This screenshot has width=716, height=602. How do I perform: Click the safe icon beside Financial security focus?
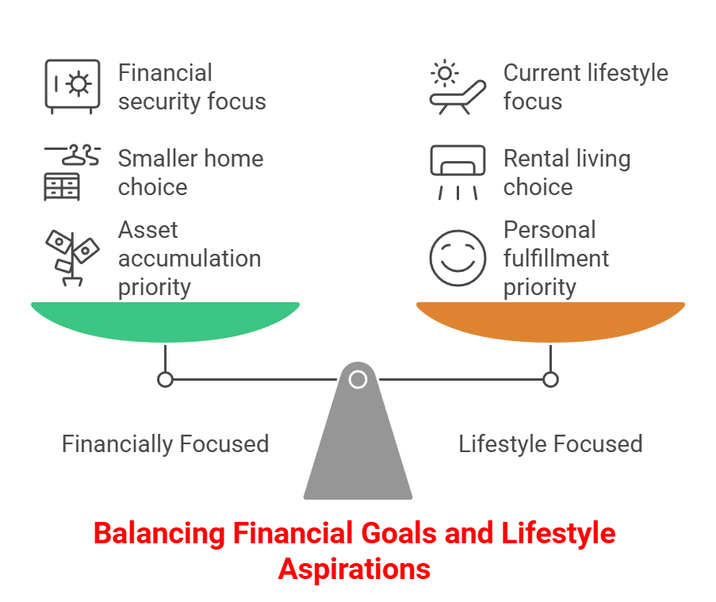(x=72, y=86)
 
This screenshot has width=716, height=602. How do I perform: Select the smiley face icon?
(x=457, y=259)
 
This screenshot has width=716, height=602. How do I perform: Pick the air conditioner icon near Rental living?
(x=457, y=171)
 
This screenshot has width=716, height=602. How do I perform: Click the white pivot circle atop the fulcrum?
(x=358, y=379)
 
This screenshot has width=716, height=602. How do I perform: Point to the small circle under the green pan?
(x=165, y=380)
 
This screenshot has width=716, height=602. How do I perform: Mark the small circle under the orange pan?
(x=550, y=380)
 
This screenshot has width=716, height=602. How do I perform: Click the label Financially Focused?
(x=165, y=443)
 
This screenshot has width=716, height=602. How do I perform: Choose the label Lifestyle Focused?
(x=550, y=443)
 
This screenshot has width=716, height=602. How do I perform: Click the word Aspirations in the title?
(x=354, y=569)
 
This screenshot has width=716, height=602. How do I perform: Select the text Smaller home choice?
(x=190, y=173)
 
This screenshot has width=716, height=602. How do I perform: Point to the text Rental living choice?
(x=566, y=173)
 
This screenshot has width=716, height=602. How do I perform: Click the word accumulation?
(x=190, y=259)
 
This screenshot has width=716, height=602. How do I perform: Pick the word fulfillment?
(x=556, y=259)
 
